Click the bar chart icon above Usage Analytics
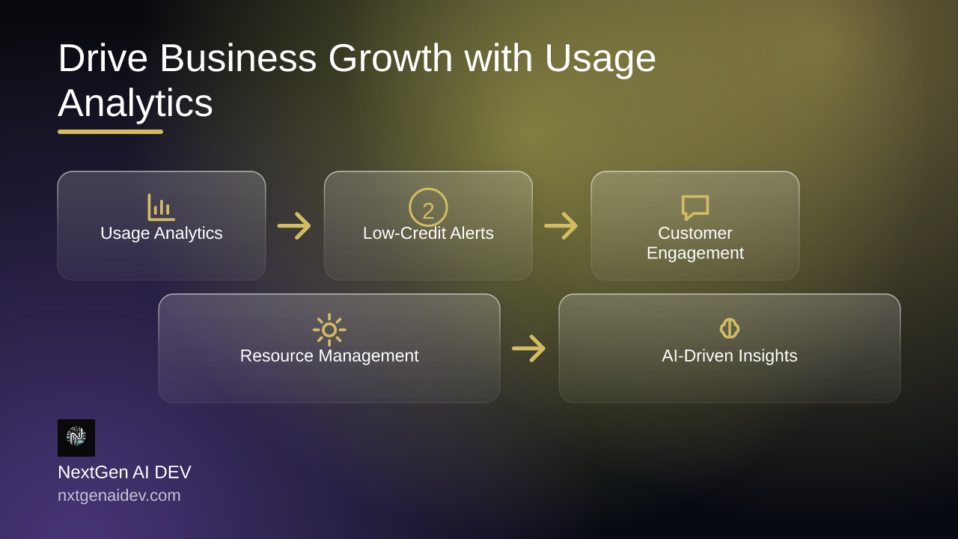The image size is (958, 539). [x=161, y=208]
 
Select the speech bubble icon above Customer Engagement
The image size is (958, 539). [x=695, y=207]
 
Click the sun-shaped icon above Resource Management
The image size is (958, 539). [x=329, y=330]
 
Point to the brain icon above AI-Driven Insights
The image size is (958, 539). [x=730, y=329]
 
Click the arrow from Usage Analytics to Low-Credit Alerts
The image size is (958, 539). [x=294, y=226]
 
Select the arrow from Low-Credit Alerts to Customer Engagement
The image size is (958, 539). [x=561, y=226]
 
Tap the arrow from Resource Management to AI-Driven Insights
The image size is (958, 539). [x=529, y=348]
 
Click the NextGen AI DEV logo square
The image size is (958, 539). [x=76, y=438]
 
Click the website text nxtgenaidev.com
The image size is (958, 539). [x=119, y=496]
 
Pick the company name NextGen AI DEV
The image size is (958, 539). [x=124, y=472]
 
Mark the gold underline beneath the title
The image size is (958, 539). [x=110, y=132]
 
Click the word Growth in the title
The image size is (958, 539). [x=391, y=58]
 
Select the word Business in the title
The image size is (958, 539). [x=238, y=58]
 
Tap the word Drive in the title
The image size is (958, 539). [x=103, y=58]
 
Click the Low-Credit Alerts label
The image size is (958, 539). [x=428, y=233]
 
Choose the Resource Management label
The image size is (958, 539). [x=329, y=356]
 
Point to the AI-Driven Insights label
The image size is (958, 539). [x=730, y=356]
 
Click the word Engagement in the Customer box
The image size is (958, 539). [x=695, y=253]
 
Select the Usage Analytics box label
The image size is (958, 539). [x=162, y=234]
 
